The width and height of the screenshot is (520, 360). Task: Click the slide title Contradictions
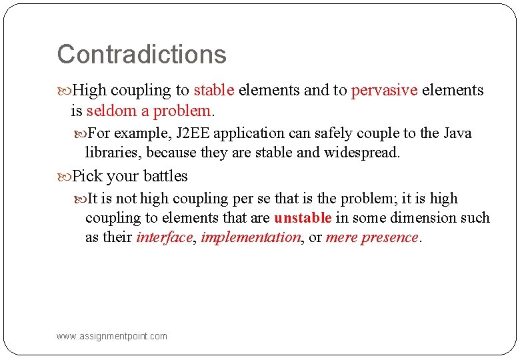click(141, 55)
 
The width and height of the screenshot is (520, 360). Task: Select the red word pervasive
click(384, 90)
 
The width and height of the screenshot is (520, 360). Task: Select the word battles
click(165, 176)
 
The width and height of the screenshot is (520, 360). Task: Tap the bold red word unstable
click(303, 218)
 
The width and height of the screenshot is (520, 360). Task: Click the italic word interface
click(164, 237)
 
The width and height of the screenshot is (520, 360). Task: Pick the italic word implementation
click(250, 237)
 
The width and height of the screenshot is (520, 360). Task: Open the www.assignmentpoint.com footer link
click(112, 336)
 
